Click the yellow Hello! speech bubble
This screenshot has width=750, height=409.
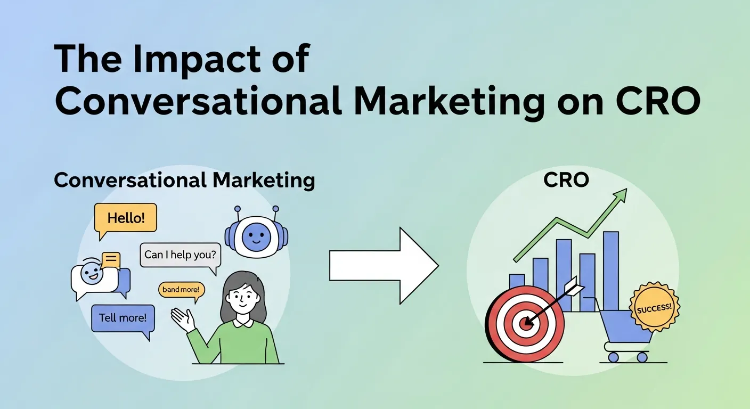[x=126, y=218]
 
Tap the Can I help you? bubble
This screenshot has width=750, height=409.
[x=181, y=255]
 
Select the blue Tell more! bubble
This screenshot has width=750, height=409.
[x=123, y=318]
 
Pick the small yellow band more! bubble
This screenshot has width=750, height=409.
[x=182, y=290]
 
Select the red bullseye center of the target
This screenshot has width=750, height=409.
[x=525, y=323]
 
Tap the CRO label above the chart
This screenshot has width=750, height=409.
[x=566, y=181]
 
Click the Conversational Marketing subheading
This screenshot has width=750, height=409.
[x=184, y=181]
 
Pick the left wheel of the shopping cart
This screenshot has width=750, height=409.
[x=614, y=357]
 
